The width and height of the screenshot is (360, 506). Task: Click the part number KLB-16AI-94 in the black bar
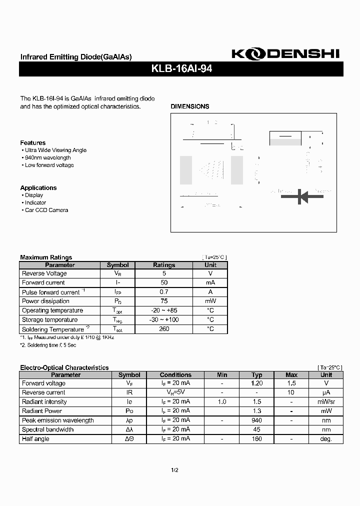[181, 69]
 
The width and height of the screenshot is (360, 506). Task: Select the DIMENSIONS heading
[190, 106]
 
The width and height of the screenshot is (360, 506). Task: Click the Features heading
[32, 143]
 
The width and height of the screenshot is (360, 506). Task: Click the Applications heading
[38, 188]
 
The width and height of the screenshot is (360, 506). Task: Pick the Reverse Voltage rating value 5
[164, 273]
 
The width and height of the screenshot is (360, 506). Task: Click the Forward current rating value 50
[164, 283]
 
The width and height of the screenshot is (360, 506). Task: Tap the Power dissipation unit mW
[210, 301]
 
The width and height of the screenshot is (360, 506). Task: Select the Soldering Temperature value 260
[164, 329]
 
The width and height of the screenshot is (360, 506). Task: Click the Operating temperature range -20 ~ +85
[164, 310]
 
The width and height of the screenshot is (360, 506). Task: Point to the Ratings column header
[164, 265]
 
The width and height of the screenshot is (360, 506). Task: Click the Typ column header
[256, 374]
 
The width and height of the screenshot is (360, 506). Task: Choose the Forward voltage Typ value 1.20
[256, 383]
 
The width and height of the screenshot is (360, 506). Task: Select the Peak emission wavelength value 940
[256, 420]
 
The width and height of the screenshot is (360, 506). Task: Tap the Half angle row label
[35, 439]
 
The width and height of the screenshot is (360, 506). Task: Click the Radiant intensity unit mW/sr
[326, 402]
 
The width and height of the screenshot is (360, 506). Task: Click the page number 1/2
[174, 470]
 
